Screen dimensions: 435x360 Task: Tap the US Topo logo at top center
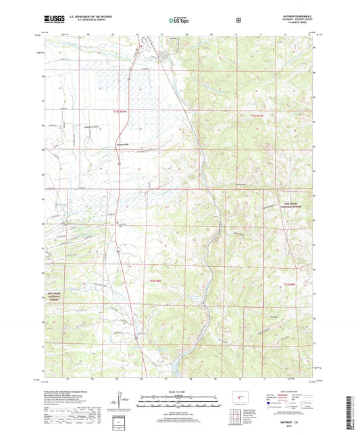tap(180, 20)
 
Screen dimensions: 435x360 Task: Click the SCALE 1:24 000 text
tap(180, 390)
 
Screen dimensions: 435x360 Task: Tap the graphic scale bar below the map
tap(180, 399)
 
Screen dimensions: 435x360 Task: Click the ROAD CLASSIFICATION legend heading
tap(289, 390)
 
